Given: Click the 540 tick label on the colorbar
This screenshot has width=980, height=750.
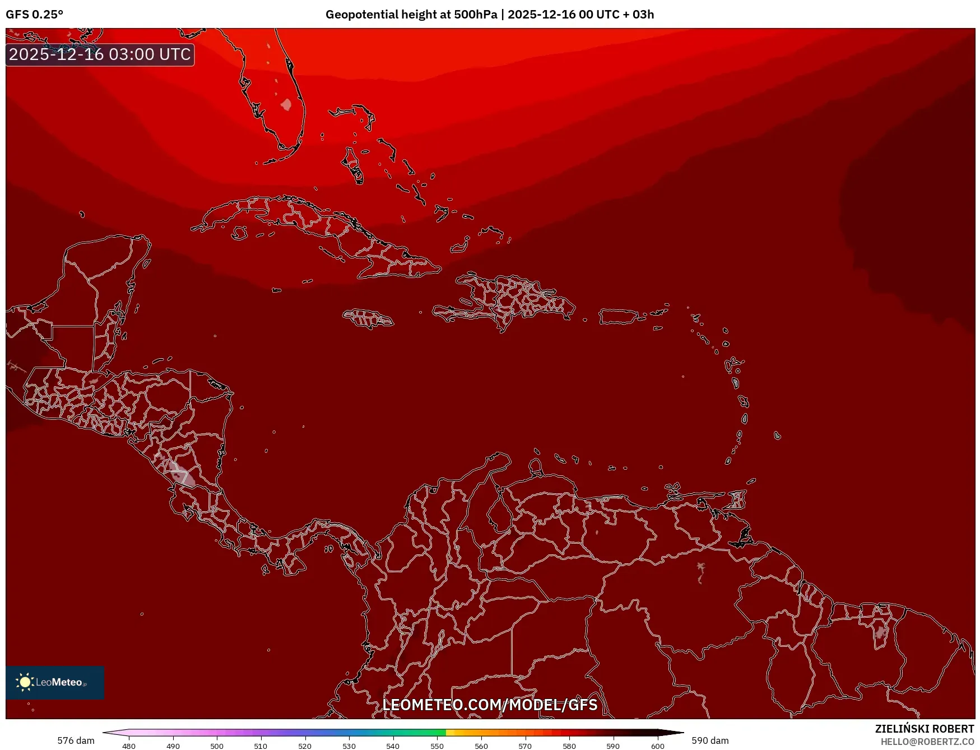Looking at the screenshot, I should (393, 746).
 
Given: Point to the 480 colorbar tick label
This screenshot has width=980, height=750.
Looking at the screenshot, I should (129, 746).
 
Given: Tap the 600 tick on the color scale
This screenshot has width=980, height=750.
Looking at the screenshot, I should (657, 746).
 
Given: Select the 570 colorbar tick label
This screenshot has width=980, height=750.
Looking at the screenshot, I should (525, 746).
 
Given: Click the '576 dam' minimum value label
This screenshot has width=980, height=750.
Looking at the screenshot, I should (76, 740).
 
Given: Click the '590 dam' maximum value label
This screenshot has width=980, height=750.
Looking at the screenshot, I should (710, 740).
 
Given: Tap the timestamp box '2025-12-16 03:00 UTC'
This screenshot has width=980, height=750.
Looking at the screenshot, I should (100, 54).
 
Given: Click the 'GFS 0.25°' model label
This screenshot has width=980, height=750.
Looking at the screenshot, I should (34, 15).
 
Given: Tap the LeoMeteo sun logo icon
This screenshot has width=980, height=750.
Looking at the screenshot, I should (25, 682).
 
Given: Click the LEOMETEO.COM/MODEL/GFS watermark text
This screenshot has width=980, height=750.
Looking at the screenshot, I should (490, 705).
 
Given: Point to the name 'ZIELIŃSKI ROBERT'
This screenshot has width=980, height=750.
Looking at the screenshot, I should (924, 729).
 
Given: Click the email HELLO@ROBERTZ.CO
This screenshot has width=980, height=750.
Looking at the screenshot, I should (927, 742).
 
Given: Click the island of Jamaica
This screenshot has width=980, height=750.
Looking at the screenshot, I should (368, 318).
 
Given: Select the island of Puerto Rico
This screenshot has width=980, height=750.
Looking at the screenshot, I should (619, 316).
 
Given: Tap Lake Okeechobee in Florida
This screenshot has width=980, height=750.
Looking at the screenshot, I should (286, 104).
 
